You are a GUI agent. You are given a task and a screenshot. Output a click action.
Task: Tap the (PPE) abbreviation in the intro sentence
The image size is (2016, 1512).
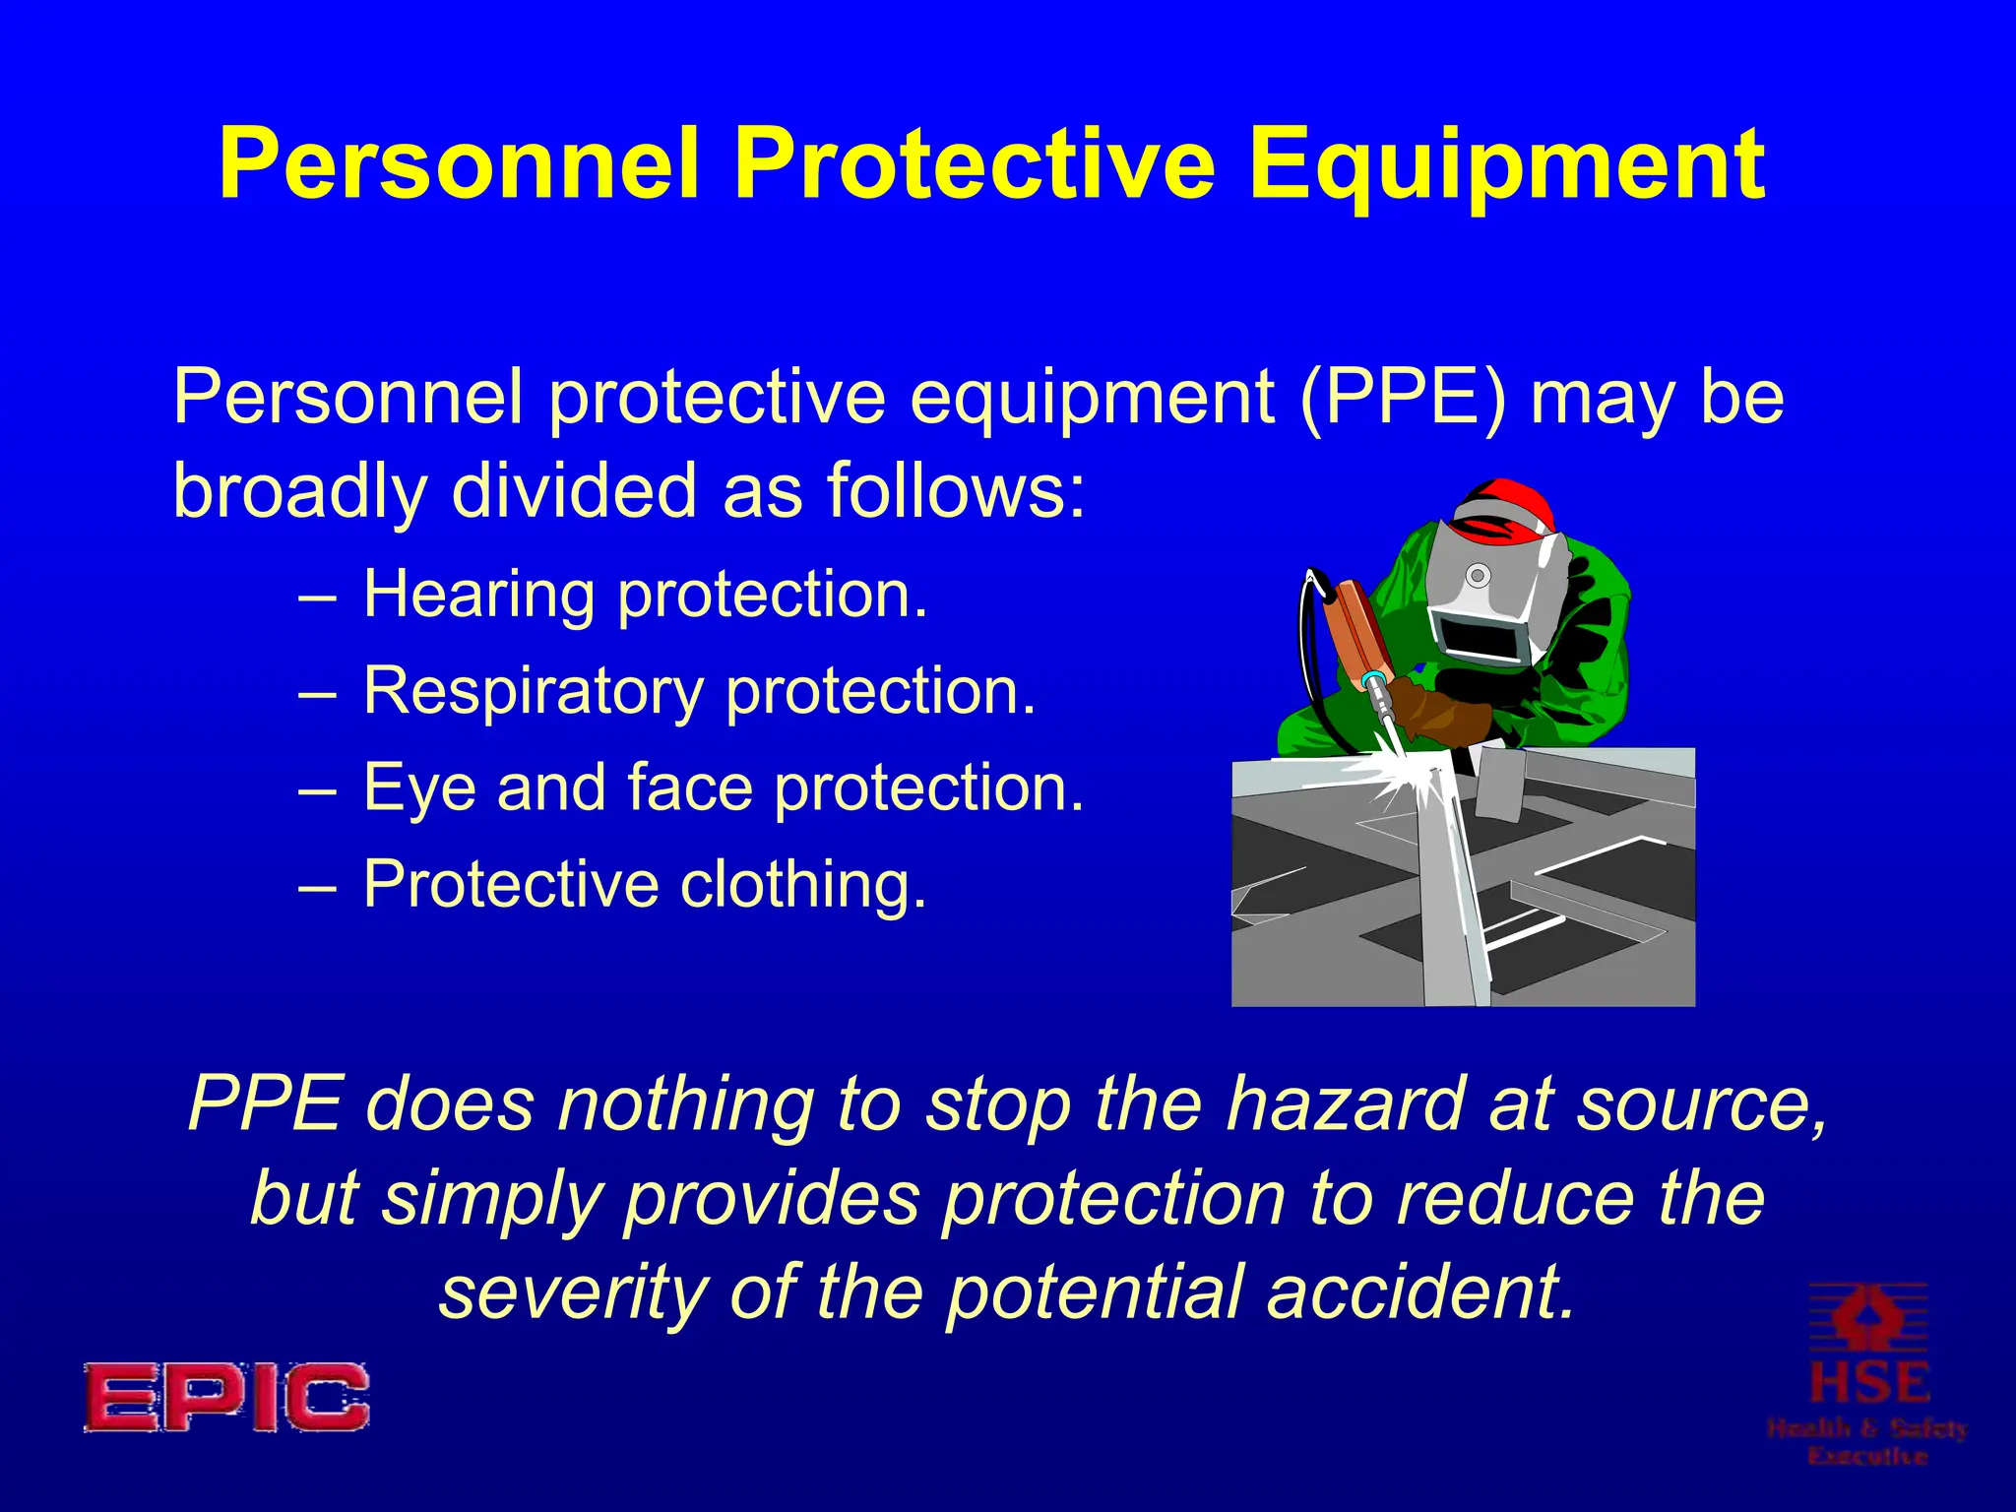1403,397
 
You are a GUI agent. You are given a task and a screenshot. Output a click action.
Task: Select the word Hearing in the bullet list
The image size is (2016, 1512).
479,596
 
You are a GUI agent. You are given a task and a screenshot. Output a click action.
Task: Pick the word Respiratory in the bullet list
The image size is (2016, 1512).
533,692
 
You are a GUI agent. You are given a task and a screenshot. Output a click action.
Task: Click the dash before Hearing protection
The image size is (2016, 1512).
317,597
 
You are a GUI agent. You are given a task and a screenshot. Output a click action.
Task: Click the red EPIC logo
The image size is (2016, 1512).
226,1397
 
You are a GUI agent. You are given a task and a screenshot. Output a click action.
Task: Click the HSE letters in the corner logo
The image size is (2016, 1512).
1868,1382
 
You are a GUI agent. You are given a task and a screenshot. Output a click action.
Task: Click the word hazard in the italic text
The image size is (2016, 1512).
1345,1103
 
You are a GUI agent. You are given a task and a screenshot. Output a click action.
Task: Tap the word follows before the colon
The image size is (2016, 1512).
945,490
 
